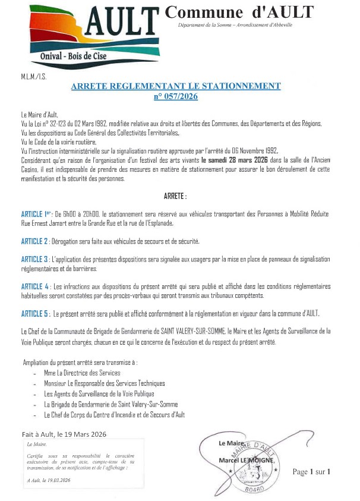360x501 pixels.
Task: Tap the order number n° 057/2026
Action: click(175, 96)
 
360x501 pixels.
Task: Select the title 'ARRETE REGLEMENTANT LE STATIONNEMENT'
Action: click(175, 86)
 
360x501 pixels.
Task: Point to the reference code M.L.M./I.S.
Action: click(34, 76)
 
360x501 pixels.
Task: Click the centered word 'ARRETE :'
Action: click(175, 196)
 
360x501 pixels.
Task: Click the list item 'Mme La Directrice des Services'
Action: click(83, 373)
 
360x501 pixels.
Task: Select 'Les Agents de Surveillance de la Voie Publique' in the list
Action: click(99, 393)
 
